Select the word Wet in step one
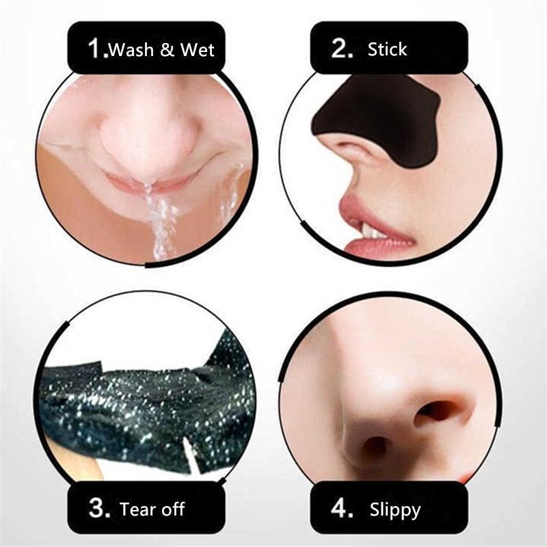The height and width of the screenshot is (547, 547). [198, 49]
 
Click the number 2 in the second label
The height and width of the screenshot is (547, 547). [341, 49]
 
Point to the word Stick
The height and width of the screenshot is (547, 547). [387, 49]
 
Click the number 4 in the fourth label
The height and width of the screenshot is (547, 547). [341, 508]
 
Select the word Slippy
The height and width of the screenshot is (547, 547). [395, 509]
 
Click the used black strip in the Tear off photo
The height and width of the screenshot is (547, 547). [137, 403]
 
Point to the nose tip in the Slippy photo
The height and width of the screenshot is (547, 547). [383, 397]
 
